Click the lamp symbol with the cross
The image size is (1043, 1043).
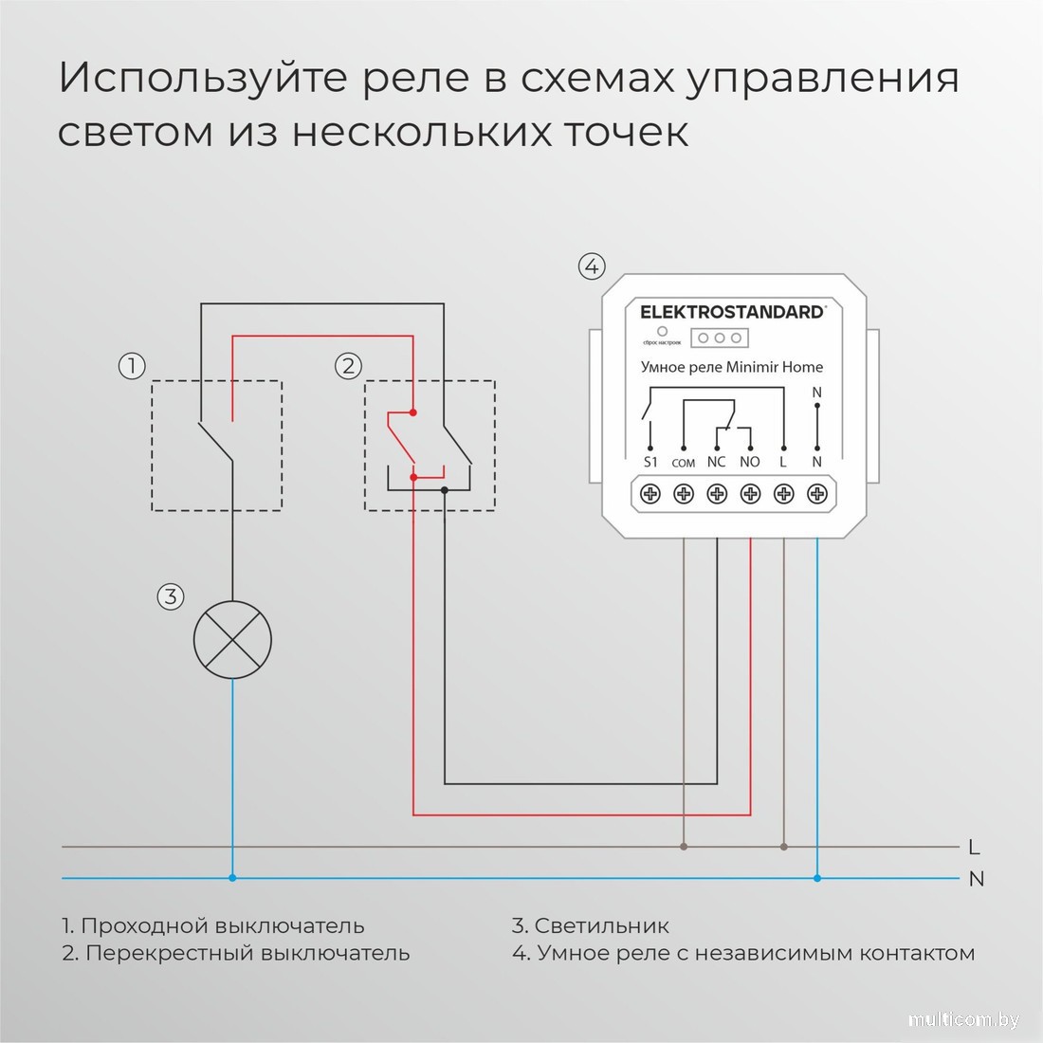(x=232, y=640)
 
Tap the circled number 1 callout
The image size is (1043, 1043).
(x=132, y=365)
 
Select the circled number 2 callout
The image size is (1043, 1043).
(x=348, y=365)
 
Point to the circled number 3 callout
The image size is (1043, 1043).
(x=170, y=596)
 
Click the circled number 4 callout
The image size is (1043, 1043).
(x=592, y=266)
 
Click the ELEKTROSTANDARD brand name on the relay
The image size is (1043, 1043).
(x=731, y=312)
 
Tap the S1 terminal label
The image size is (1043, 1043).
(x=650, y=462)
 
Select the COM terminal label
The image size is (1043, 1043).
(x=683, y=463)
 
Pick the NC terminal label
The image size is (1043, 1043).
(x=716, y=462)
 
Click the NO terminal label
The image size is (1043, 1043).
(x=749, y=462)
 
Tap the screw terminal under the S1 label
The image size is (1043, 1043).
(x=650, y=494)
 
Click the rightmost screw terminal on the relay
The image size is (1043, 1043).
(x=816, y=494)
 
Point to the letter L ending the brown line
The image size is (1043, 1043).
(x=975, y=847)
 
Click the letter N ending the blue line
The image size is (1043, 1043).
(x=977, y=879)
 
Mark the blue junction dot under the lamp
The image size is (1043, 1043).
(x=232, y=878)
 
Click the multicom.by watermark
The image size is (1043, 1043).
(x=963, y=1019)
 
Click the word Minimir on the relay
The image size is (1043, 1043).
(x=752, y=367)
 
